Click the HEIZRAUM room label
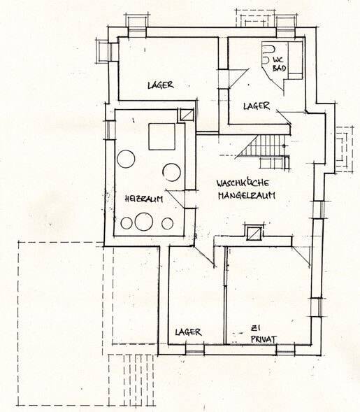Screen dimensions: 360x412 coord(143,199)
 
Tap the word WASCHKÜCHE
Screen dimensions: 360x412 coord(243,183)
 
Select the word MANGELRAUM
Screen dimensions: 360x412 coord(247,196)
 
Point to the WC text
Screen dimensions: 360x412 coord(278,59)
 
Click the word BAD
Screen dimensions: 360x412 coord(280,69)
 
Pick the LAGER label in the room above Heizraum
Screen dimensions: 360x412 coord(161,85)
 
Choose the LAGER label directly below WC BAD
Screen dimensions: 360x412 coord(257,106)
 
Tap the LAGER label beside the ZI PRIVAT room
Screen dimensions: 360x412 coord(188,332)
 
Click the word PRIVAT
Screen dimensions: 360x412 coord(264,339)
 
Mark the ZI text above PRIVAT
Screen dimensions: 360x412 coord(254,328)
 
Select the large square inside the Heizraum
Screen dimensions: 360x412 coord(162,136)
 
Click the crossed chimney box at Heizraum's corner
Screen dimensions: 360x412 coord(186,115)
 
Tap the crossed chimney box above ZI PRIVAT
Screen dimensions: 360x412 coord(254,232)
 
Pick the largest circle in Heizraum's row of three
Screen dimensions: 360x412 coord(144,222)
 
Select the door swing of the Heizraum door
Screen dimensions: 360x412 coord(175,199)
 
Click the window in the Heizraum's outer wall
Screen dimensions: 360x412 coord(110,130)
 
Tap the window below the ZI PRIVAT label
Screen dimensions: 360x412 coord(285,350)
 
